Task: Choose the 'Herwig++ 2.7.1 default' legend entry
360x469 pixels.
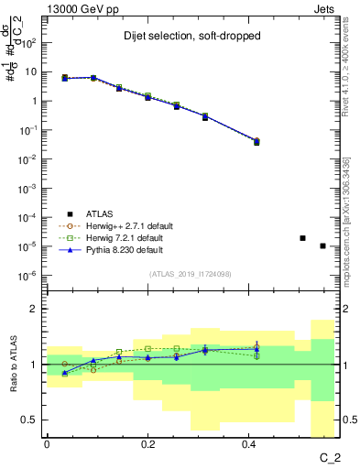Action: click(122, 225)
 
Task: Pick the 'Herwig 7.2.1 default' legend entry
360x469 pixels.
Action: click(119, 237)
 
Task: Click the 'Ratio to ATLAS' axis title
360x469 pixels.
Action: click(12, 365)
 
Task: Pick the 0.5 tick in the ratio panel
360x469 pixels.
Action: click(31, 420)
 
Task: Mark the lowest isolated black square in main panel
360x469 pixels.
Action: click(322, 245)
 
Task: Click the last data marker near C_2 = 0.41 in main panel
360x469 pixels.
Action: click(256, 141)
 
